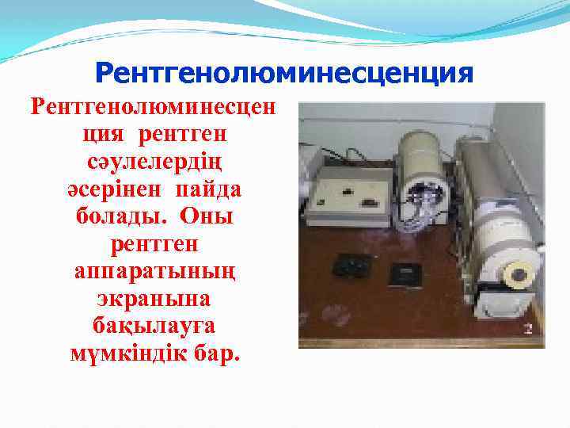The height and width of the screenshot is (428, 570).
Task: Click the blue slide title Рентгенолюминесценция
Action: tap(283, 74)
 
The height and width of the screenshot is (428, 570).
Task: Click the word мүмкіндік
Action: tap(126, 353)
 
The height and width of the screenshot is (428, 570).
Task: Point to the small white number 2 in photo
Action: tap(526, 327)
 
